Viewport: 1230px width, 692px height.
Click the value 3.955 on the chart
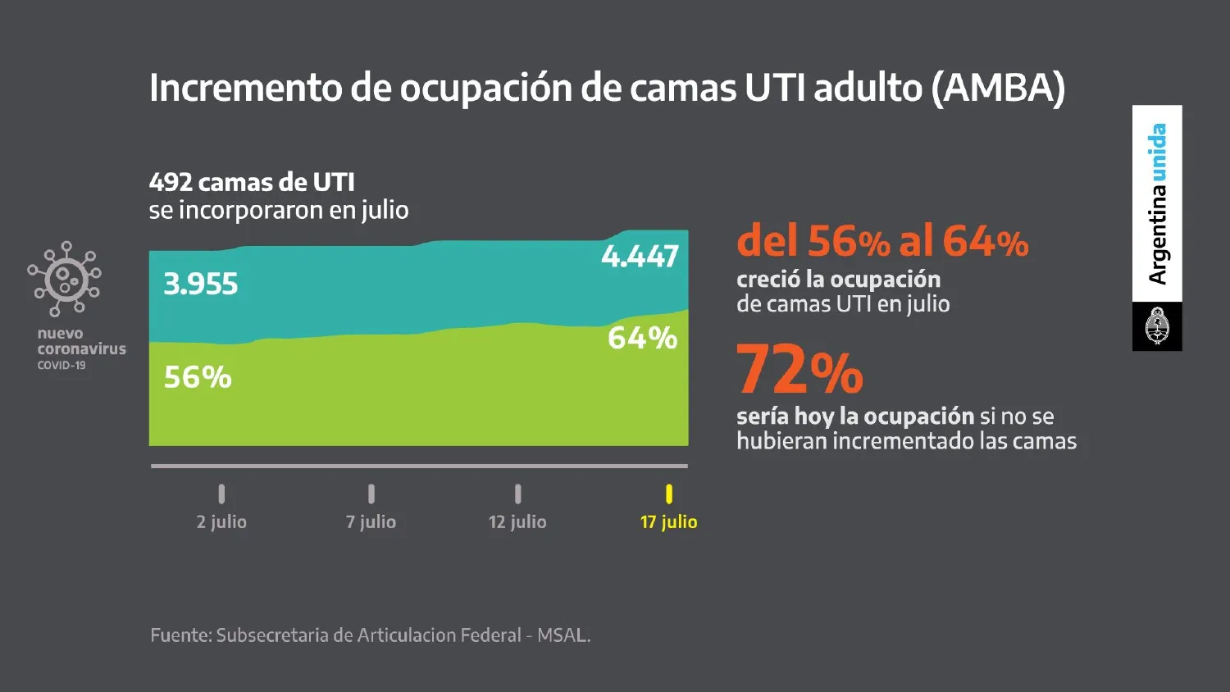tap(201, 285)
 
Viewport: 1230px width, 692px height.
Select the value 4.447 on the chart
tap(640, 257)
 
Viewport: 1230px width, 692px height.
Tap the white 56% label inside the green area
tap(198, 377)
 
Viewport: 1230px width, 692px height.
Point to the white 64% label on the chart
tap(642, 338)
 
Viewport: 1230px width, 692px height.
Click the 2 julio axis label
tap(221, 522)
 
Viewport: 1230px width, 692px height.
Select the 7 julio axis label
tap(371, 522)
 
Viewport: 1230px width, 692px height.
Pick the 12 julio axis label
tap(517, 522)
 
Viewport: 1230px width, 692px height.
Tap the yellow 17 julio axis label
tap(668, 522)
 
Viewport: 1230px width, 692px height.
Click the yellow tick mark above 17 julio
tap(669, 494)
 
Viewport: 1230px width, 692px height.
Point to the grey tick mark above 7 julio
tap(371, 494)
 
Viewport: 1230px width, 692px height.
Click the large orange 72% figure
tap(799, 371)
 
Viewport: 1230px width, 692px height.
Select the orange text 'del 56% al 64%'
tap(882, 242)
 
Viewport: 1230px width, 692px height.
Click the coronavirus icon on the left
tap(65, 280)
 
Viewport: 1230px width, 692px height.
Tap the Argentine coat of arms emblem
tap(1157, 326)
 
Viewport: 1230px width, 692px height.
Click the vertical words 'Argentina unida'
tap(1157, 203)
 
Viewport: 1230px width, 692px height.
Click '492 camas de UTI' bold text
tap(252, 182)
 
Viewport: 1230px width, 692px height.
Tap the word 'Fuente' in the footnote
tap(180, 635)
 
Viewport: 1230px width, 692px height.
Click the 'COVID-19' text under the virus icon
tap(61, 366)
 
